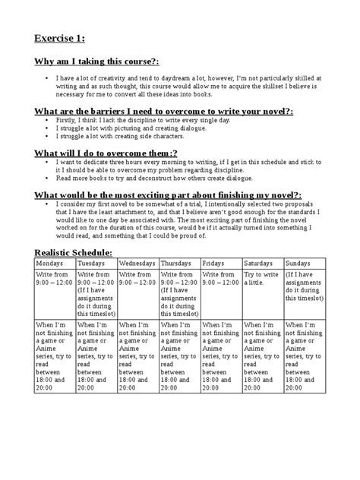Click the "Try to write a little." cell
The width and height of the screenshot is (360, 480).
(261, 277)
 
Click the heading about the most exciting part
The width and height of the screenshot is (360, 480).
(157, 194)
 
